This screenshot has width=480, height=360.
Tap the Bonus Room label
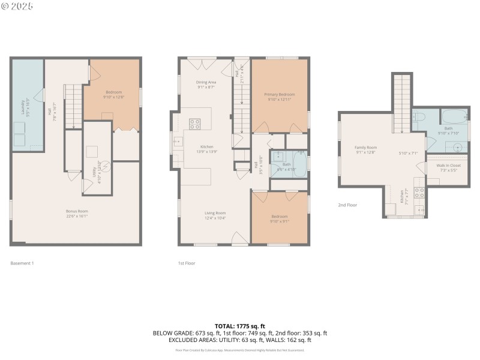point(77,213)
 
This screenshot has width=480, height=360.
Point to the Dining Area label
point(206,85)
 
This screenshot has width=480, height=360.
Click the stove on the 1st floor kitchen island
point(195,124)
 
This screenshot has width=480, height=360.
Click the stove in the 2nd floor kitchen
point(420,193)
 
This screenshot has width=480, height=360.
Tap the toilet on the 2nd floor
point(419,116)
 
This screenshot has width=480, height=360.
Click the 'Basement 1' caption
point(22,263)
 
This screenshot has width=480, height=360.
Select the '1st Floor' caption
point(186,263)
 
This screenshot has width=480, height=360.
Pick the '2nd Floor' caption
point(347,205)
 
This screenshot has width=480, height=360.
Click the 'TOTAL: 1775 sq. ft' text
point(240,326)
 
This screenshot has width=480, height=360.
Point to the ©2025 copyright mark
point(17,6)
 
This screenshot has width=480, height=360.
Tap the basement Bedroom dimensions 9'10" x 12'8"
point(113,97)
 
